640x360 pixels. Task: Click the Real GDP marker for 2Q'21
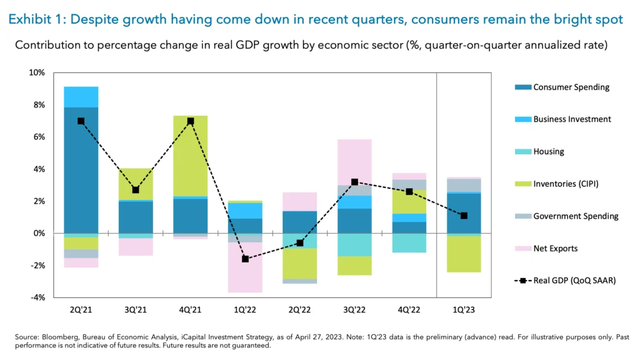coord(81,121)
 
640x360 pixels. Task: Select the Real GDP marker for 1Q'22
coord(245,259)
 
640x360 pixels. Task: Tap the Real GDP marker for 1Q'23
coord(463,216)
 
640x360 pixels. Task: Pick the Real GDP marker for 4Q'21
coord(190,121)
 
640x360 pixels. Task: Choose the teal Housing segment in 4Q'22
coord(409,243)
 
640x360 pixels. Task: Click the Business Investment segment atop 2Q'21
coord(81,97)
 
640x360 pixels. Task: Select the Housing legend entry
coord(548,152)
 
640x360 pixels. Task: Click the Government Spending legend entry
coord(575,216)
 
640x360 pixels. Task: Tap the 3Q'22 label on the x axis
coord(354,309)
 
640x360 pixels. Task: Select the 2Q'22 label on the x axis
coord(299,309)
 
